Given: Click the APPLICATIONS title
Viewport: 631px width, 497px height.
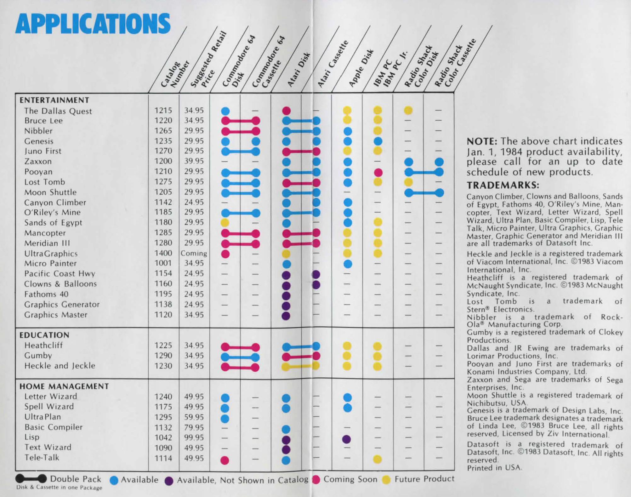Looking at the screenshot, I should click(93, 24).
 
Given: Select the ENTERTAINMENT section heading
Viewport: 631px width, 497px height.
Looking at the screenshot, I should click(54, 100).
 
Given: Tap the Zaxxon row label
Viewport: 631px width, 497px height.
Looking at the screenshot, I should click(38, 161).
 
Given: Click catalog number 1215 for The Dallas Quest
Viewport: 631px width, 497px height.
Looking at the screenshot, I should click(163, 111).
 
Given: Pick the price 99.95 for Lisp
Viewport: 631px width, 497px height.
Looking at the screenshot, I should click(194, 437).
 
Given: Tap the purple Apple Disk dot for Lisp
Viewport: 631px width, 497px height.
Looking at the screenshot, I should click(347, 439).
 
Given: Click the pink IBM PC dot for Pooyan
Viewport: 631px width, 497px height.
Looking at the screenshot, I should click(378, 172).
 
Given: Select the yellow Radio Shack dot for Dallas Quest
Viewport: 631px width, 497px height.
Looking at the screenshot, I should click(408, 110).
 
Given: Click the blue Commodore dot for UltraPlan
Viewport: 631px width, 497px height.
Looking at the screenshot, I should click(225, 419).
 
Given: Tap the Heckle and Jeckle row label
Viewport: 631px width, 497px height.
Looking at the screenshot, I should click(60, 366).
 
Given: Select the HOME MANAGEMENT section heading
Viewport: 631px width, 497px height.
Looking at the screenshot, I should click(64, 386).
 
